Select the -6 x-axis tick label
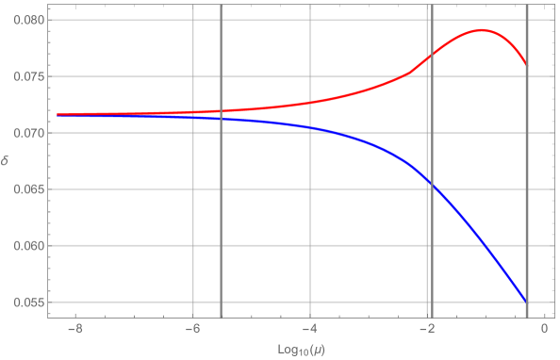click(x=190, y=329)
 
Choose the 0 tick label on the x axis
click(x=544, y=329)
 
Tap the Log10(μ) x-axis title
click(x=297, y=349)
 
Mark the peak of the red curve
click(x=481, y=30)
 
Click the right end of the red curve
click(x=526, y=64)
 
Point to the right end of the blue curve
click(x=526, y=302)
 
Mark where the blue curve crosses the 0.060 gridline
click(x=483, y=246)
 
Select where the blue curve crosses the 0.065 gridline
click(x=429, y=189)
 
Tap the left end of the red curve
click(x=58, y=114)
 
